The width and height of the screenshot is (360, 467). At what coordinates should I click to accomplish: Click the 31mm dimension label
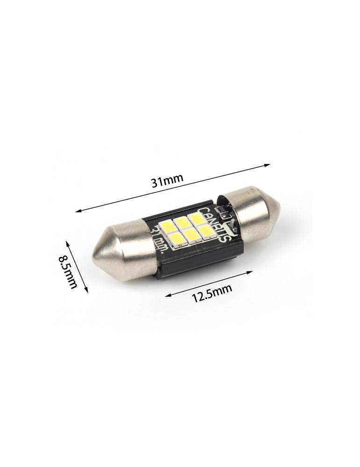point(167,181)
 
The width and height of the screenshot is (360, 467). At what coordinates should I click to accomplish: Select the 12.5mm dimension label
point(212,292)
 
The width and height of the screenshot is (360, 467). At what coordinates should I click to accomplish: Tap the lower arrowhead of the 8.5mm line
point(87,289)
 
